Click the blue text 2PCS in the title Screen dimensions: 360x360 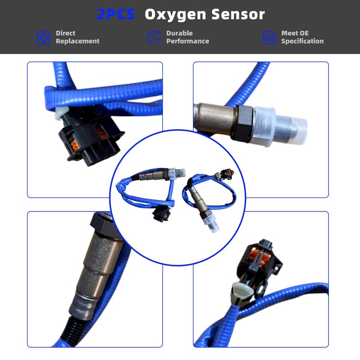(x=116, y=14)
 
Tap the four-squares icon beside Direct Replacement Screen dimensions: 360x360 (x=43, y=37)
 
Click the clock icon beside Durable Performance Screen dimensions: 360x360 (x=154, y=37)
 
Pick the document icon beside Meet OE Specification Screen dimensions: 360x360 (x=269, y=37)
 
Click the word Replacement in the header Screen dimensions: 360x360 (x=77, y=41)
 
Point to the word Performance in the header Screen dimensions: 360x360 (x=188, y=41)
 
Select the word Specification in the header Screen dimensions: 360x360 (x=302, y=41)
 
